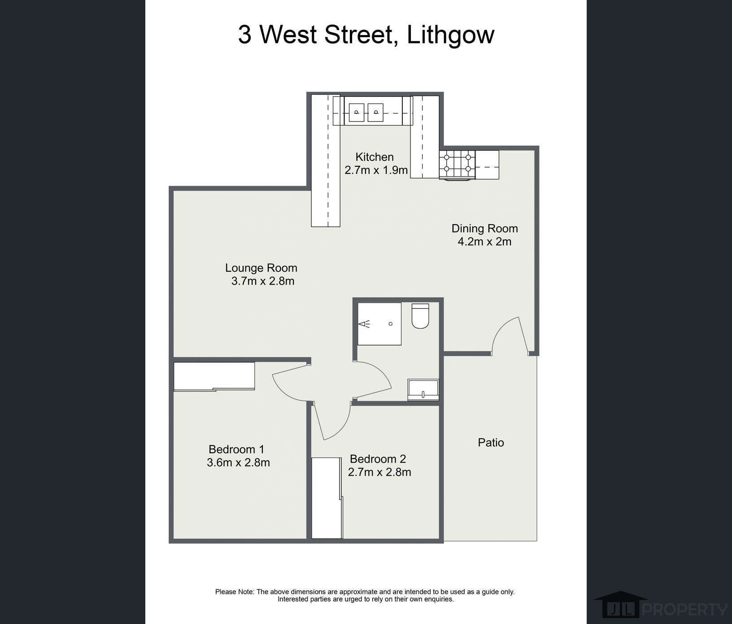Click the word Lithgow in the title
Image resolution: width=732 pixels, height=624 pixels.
450,35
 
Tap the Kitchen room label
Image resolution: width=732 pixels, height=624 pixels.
375,157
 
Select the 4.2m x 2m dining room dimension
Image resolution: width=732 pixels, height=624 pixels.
484,242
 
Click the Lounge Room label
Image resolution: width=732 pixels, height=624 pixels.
261,268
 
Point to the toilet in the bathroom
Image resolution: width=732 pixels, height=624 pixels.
420,316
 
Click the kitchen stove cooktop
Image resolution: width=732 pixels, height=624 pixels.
457,163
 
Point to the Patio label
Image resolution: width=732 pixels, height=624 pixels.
491,442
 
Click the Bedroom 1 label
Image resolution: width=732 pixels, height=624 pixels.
236,449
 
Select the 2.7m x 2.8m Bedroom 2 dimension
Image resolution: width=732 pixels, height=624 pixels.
379,472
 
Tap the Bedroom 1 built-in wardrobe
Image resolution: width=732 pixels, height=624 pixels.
214,376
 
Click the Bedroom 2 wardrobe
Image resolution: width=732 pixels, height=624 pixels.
327,498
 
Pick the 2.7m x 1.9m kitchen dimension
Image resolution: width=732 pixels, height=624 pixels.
376,170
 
